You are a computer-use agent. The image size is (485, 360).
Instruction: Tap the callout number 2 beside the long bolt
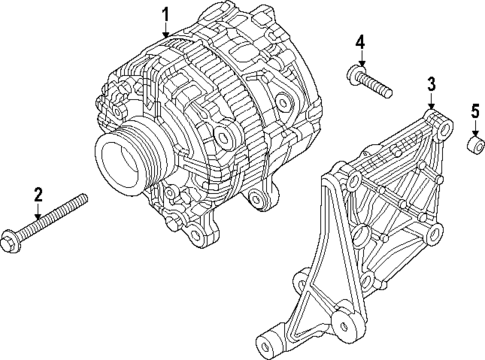[x=38, y=193]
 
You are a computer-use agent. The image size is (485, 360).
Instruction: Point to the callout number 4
[x=361, y=41]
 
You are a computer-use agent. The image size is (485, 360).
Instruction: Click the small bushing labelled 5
[x=474, y=150]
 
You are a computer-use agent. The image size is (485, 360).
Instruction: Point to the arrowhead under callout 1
[x=166, y=36]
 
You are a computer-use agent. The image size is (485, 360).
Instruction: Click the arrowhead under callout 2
[x=38, y=217]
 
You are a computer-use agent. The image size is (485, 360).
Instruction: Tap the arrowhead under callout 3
[x=431, y=106]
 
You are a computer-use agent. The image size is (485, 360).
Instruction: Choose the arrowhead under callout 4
[x=361, y=63]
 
